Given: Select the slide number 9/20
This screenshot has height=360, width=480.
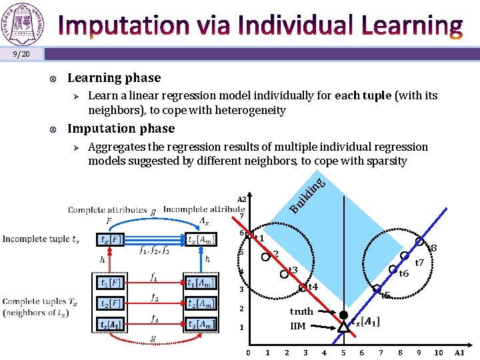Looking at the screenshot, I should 21,53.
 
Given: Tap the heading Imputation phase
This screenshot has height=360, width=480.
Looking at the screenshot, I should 121,129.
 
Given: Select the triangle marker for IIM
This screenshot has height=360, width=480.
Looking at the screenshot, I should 343,327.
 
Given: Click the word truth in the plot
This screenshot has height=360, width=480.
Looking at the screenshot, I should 301,311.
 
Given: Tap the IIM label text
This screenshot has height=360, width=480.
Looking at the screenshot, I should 298,326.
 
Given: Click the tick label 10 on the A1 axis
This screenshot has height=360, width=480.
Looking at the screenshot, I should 438,352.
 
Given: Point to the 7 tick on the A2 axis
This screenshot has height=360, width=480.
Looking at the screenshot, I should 242,215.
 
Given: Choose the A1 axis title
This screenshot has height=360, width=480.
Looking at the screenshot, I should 459,352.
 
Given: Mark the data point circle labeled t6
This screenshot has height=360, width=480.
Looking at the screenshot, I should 393,269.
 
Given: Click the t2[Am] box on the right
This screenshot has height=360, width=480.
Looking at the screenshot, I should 201,304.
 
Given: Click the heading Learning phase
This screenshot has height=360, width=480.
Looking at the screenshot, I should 114,78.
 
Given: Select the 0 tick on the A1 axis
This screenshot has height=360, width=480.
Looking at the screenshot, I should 248,352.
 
